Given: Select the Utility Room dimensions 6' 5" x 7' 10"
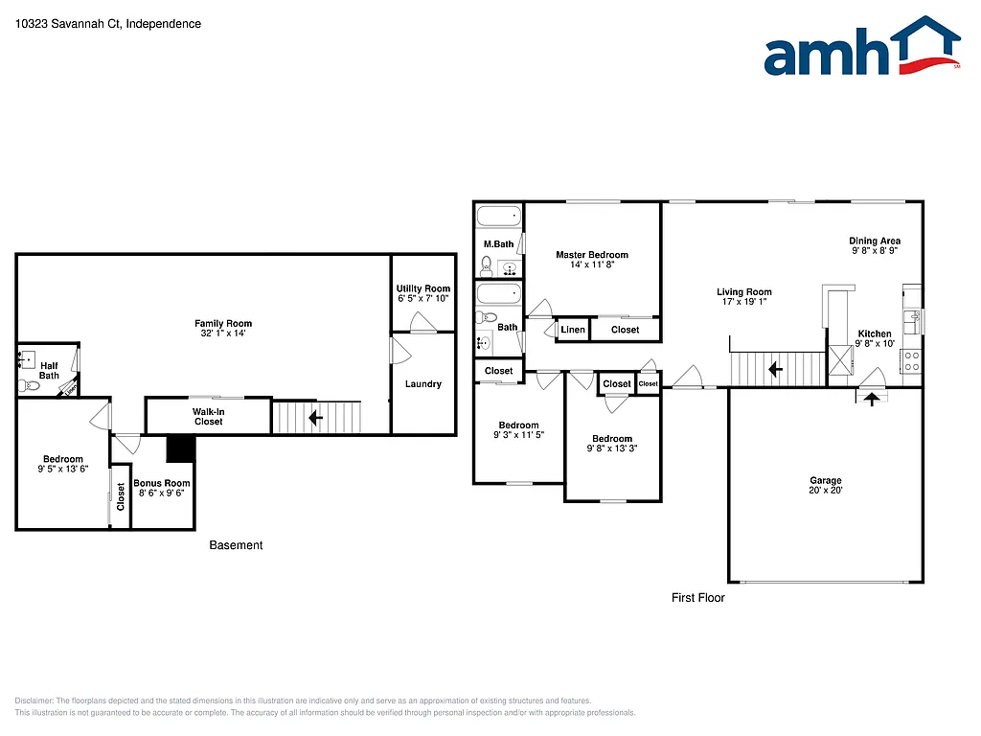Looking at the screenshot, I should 423,299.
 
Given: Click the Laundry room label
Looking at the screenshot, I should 423,384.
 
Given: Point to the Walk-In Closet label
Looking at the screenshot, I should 208,416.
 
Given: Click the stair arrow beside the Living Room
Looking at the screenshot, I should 774,367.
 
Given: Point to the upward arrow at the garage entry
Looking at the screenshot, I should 871,400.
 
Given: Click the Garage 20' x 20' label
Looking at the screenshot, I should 826,486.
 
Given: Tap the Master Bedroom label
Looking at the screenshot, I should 592,255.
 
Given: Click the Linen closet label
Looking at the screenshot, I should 573,330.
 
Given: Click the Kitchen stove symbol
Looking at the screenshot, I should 911,361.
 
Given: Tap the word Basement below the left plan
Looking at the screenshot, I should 236,545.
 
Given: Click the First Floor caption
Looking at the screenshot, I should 697,598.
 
